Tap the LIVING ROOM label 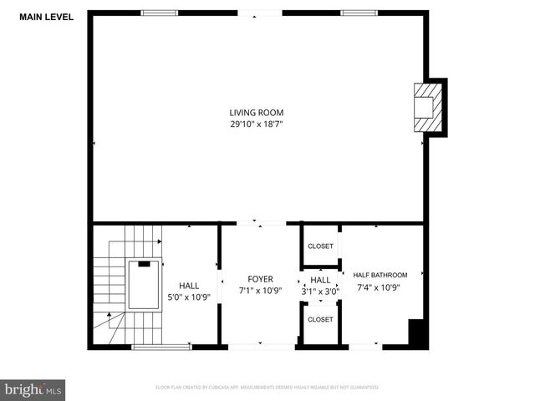257,113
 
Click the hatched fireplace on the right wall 427,106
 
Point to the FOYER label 260,279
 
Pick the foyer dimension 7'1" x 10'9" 260,291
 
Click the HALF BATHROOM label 380,275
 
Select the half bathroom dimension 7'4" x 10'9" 380,287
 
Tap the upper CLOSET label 320,246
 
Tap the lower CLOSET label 320,320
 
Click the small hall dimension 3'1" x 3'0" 320,291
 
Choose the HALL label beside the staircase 189,285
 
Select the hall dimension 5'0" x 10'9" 189,297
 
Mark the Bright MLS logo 33,389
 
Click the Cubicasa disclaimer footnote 267,388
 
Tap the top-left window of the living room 159,13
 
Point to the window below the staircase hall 160,346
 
